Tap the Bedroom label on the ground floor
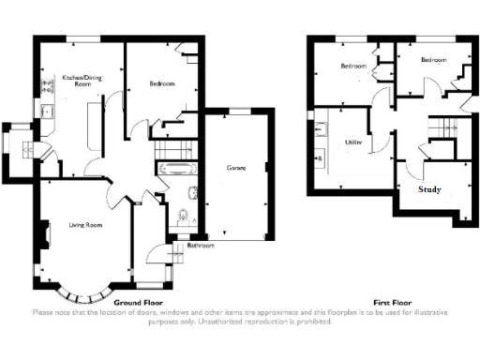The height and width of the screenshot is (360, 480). pyautogui.click(x=161, y=84)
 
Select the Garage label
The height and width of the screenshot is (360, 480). pyautogui.click(x=235, y=169)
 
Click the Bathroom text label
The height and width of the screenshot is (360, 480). pyautogui.click(x=201, y=245)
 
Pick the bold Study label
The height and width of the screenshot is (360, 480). pyautogui.click(x=430, y=188)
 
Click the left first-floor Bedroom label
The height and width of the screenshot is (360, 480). pyautogui.click(x=352, y=67)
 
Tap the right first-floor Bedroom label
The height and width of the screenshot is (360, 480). pyautogui.click(x=432, y=60)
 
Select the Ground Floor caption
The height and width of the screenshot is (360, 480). pyautogui.click(x=140, y=304)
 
